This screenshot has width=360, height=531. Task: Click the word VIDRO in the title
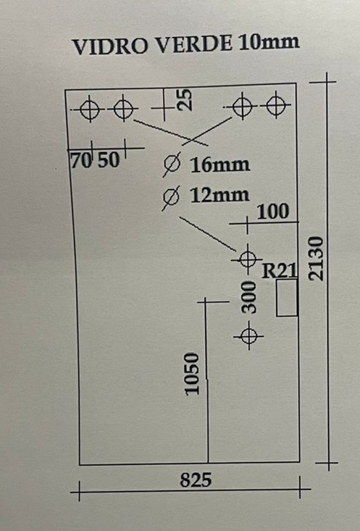point(110,46)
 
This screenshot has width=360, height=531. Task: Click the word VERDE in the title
point(194,44)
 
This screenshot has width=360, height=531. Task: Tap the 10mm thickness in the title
point(269,42)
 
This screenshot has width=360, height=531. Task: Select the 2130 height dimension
point(317,259)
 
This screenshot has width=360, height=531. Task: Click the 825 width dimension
point(196,480)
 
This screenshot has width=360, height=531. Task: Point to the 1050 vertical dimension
point(192,374)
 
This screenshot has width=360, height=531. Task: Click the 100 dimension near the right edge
point(273,212)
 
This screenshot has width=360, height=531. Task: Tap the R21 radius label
point(280,271)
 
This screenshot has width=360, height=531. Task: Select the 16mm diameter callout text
point(220,165)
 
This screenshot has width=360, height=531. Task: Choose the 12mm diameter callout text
point(219,196)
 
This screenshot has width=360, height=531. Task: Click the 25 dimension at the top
point(185,99)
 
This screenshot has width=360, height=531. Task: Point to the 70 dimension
point(81,160)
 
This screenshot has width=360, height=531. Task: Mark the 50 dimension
point(109,160)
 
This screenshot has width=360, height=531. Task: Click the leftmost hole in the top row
point(90,109)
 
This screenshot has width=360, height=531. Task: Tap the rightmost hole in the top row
point(276,105)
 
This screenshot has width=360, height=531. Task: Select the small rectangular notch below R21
point(287,298)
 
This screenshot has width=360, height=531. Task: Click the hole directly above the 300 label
point(248,259)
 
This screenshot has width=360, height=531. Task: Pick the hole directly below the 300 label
point(249,336)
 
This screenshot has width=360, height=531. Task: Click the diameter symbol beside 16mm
point(172,164)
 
